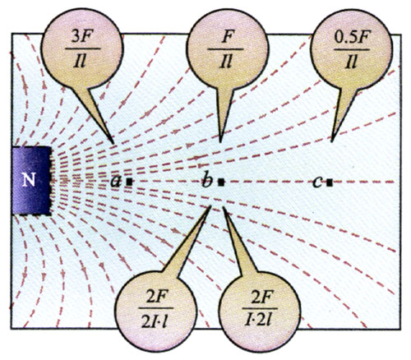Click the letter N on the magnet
point(29,180)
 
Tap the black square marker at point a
point(129,182)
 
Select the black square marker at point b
point(221,182)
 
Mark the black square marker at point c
point(330,182)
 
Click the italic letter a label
point(116,181)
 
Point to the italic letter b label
point(207,179)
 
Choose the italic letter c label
point(317,182)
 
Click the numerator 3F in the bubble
point(81,38)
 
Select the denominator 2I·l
point(155,321)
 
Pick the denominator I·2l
point(260,320)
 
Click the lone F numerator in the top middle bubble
point(226,38)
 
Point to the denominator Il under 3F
point(81,62)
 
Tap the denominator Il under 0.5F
point(351,62)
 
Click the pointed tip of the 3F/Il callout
point(113,143)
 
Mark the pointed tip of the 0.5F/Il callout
point(332,141)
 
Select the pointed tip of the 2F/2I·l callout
point(210,206)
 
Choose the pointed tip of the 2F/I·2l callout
point(224,207)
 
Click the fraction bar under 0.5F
point(352,50)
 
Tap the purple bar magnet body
point(31,181)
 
